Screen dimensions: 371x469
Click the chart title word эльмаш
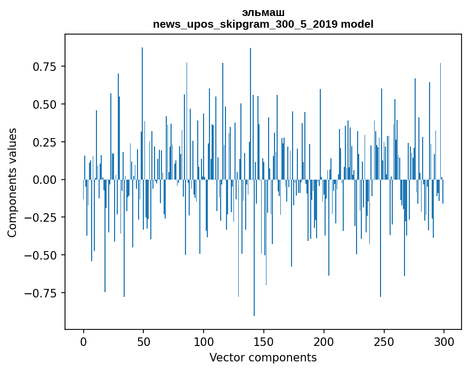[263, 13]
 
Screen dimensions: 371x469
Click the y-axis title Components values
[12, 182]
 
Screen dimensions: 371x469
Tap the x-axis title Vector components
[263, 358]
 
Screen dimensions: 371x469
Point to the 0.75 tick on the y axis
[45, 67]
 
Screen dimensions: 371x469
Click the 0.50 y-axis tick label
[45, 104]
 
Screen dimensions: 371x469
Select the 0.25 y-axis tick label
[45, 142]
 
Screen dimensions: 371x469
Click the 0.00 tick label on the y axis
[45, 180]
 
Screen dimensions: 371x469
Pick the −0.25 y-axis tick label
[42, 217]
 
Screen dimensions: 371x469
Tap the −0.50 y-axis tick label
[42, 255]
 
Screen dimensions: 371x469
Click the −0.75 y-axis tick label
[42, 293]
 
